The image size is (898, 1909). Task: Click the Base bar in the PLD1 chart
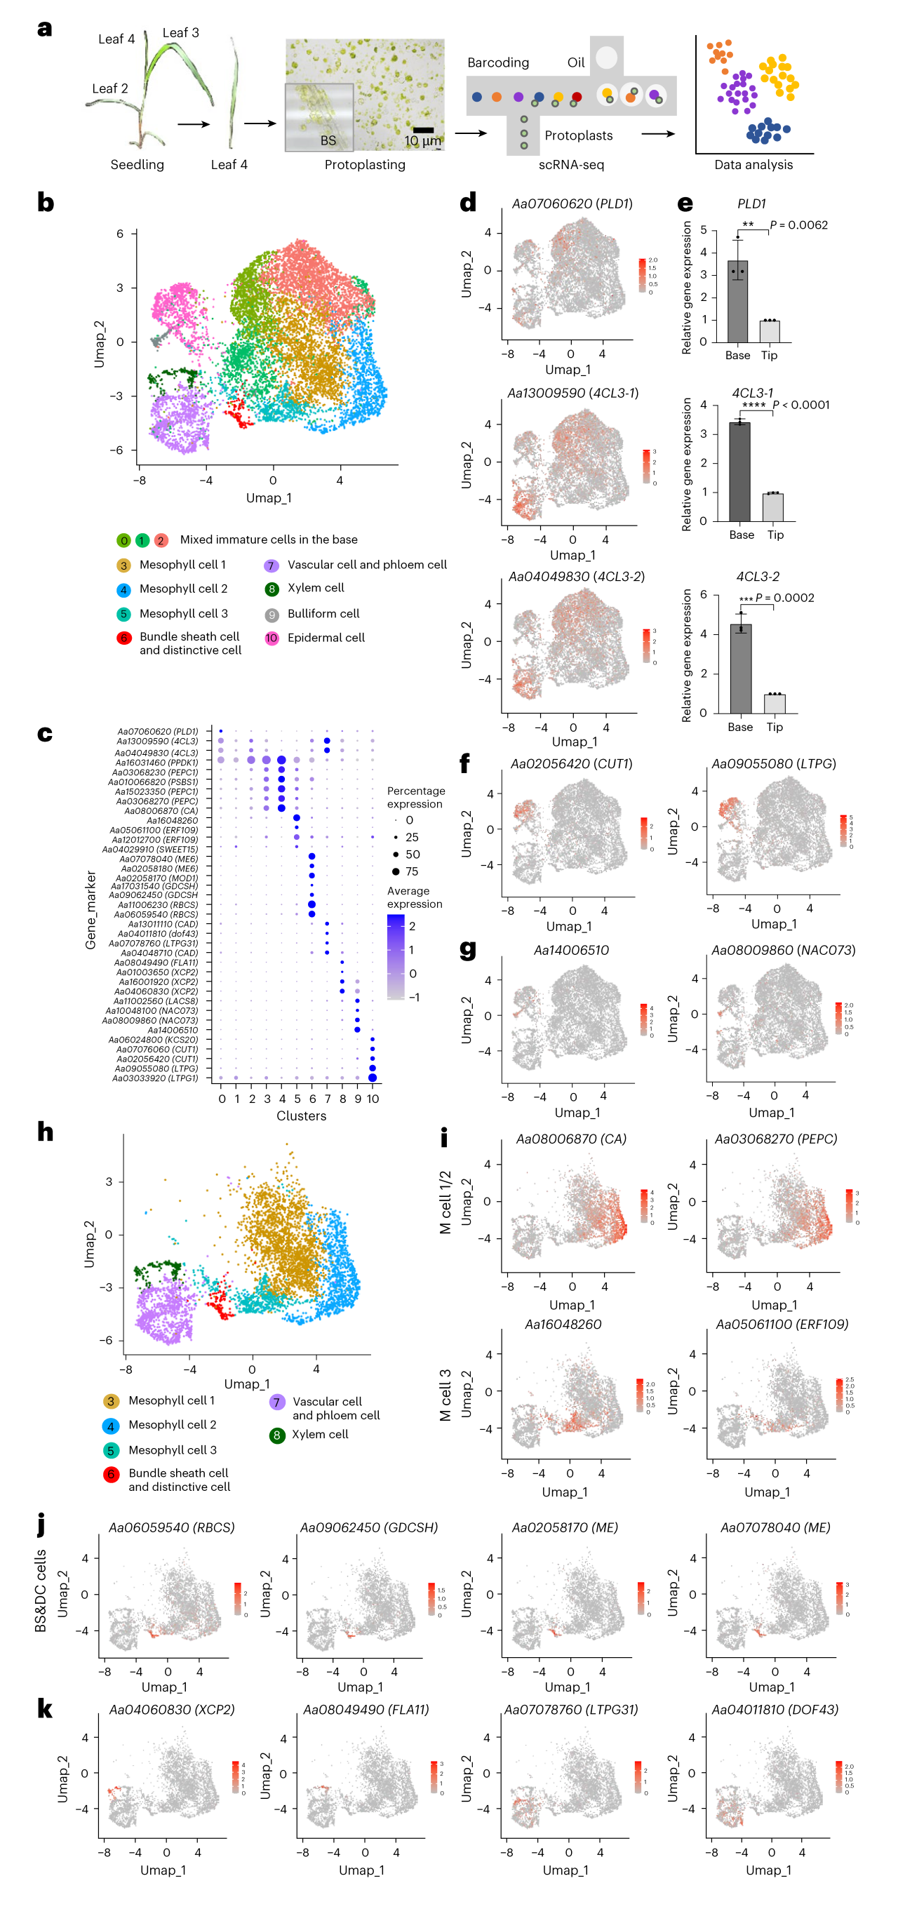[737, 301]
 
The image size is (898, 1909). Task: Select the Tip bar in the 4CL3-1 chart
[774, 507]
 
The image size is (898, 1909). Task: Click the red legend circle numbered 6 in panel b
[123, 638]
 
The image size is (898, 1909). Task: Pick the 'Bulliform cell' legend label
[323, 614]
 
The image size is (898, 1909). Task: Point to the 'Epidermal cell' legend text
[326, 637]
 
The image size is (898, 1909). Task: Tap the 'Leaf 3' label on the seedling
[181, 32]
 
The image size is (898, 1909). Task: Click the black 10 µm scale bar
[423, 130]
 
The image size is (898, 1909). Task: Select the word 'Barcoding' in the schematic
[498, 63]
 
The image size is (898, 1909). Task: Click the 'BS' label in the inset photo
[328, 140]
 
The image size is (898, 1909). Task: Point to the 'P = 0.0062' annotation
[798, 225]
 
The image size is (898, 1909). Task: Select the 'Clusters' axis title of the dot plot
[301, 1116]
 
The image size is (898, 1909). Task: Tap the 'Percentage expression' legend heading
[415, 798]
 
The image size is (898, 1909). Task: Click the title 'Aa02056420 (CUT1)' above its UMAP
[571, 764]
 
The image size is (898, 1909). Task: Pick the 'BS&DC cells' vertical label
[41, 1590]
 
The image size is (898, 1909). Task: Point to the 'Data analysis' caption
[753, 164]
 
